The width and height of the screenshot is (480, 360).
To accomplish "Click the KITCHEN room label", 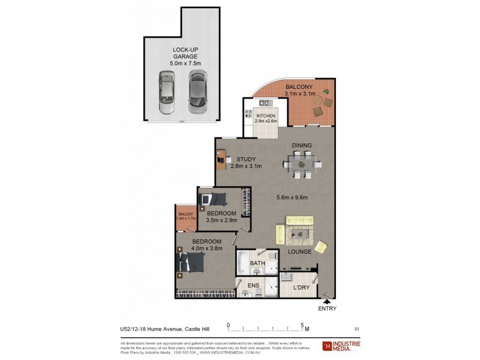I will [x=266, y=118].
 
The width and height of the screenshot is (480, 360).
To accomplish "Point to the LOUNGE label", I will [x=299, y=251].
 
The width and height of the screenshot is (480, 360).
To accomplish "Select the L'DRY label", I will [x=301, y=288].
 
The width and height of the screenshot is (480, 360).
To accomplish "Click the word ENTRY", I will [x=327, y=309].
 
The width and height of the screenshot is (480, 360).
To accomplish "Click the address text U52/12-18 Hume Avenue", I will [x=148, y=328].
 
